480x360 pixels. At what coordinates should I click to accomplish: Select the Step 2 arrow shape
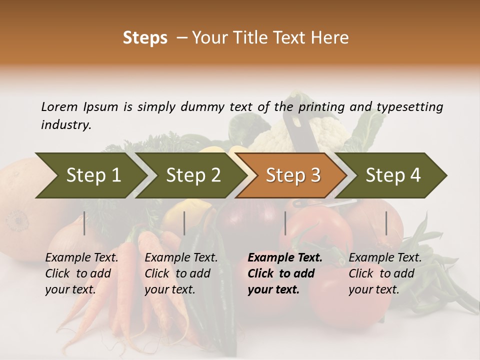point(193,175)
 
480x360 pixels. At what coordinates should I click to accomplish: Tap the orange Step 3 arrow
point(293,175)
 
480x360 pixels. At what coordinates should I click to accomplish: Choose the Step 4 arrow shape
point(393,175)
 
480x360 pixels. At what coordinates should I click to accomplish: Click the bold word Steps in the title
point(145,38)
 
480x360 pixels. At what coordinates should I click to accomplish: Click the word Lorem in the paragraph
point(59,106)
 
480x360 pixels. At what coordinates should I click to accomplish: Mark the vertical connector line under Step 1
point(84,223)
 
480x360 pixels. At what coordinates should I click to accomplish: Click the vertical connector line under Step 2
point(184,223)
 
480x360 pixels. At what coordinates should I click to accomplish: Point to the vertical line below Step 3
point(285,223)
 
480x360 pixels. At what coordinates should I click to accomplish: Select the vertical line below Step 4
point(386,223)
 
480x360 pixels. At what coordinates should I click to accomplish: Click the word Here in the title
point(332,38)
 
